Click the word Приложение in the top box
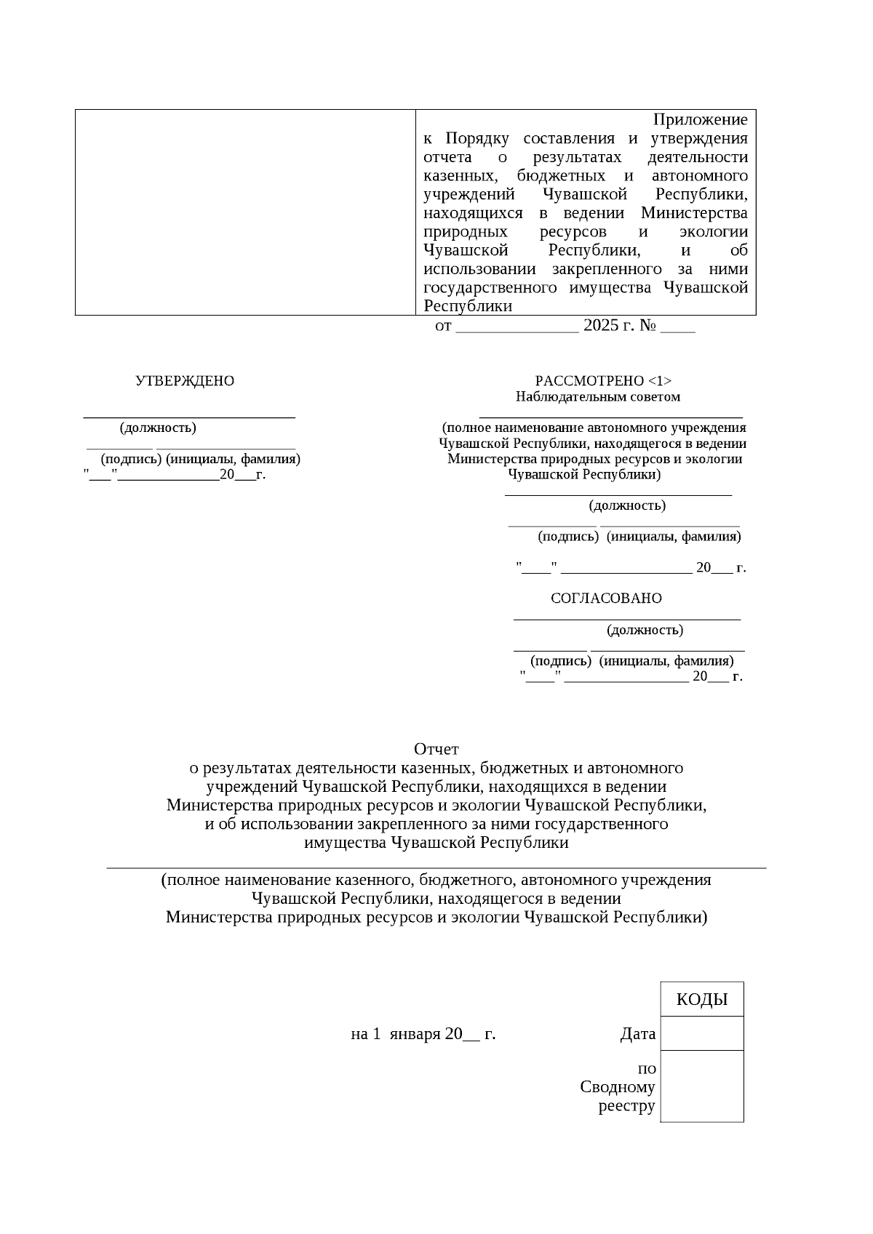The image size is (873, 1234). point(699,119)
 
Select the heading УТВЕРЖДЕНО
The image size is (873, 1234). point(185,381)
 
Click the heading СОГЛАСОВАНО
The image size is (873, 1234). point(606,598)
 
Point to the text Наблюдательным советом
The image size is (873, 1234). point(598,397)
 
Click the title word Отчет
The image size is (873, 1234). point(436,749)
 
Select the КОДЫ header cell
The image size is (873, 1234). point(701,999)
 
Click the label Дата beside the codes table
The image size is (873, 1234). point(637,1034)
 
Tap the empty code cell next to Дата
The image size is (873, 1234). point(701,1033)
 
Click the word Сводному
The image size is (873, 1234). point(618,1087)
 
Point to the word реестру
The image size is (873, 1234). point(626,1107)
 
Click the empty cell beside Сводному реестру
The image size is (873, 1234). point(701,1086)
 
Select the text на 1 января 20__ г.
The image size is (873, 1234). point(423,1034)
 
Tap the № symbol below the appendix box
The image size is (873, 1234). point(648,326)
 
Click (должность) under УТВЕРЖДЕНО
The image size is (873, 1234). point(158,428)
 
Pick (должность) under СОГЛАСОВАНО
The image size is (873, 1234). point(645,630)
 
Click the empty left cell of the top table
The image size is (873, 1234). point(245,212)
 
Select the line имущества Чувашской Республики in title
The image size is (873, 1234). point(436,844)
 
